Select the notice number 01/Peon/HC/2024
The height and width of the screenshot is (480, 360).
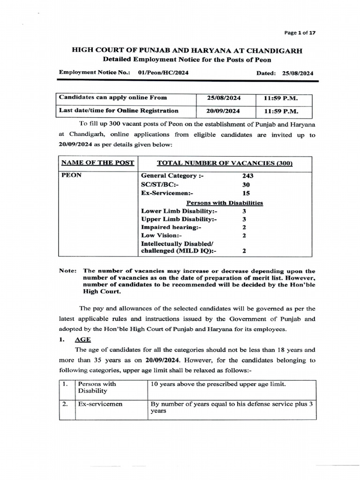(x=164, y=73)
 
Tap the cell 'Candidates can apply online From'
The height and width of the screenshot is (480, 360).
(x=112, y=98)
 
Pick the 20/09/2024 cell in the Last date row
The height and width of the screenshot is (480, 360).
(x=225, y=111)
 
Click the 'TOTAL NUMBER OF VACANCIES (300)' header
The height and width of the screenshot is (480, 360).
(x=225, y=163)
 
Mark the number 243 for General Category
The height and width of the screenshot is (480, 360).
(x=247, y=175)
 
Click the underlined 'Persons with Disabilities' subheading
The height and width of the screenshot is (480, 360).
(x=225, y=203)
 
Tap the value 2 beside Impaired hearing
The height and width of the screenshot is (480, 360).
(x=244, y=227)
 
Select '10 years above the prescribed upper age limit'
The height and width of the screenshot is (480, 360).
(x=218, y=384)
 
